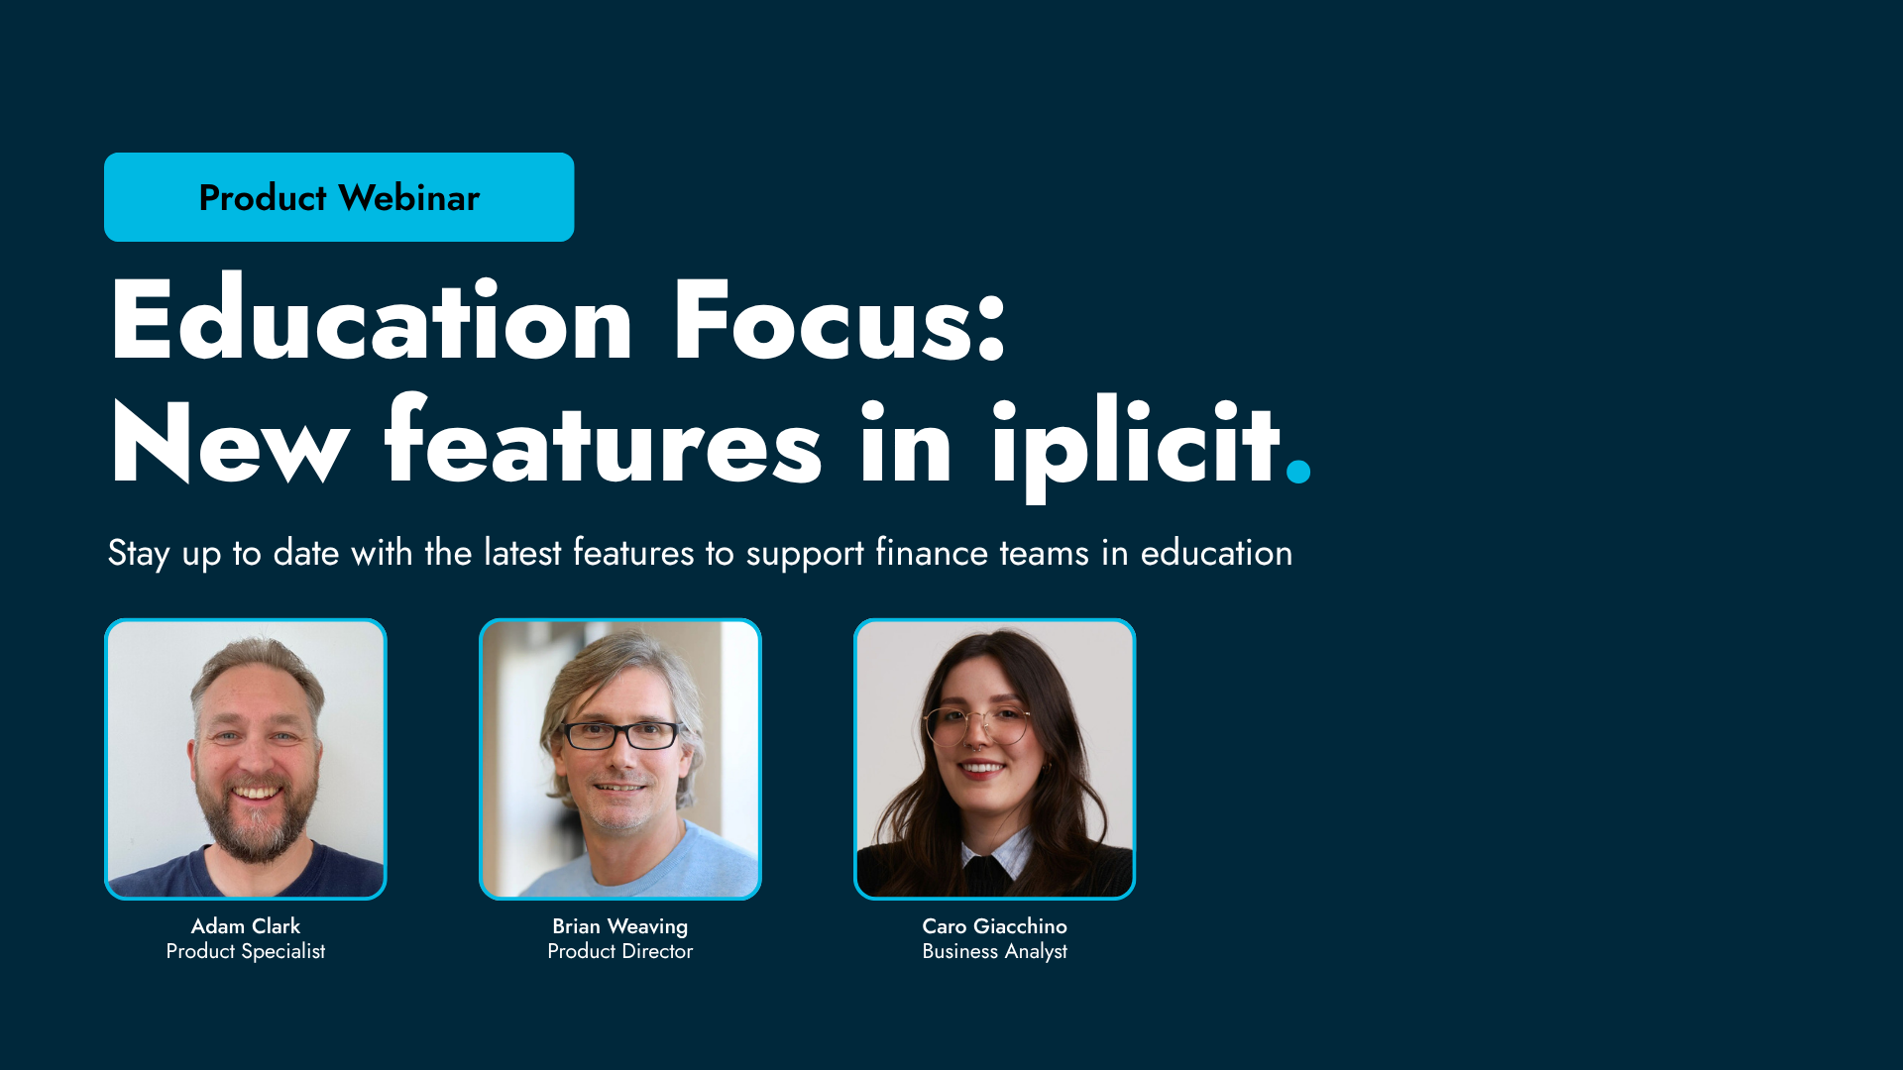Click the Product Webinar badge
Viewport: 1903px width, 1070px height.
click(339, 197)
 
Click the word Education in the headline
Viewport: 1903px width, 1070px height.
click(371, 320)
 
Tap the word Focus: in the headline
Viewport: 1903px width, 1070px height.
click(839, 320)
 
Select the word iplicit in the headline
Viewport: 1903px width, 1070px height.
click(1134, 444)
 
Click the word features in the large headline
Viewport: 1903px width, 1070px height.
click(603, 444)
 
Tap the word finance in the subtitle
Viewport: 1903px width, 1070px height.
click(931, 553)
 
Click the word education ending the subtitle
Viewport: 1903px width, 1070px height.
click(1216, 553)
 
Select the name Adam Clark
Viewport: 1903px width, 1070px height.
click(246, 926)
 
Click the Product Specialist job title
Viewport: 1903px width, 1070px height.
click(246, 951)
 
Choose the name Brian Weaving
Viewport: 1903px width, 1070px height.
click(620, 926)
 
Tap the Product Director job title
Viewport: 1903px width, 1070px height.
click(620, 951)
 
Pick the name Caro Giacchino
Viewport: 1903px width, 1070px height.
click(994, 926)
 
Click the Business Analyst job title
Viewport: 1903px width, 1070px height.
click(994, 951)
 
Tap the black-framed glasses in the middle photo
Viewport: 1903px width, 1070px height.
click(621, 735)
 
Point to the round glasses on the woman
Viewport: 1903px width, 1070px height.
click(977, 726)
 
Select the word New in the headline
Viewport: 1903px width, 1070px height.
click(229, 444)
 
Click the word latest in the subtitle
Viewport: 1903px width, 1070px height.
click(522, 553)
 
